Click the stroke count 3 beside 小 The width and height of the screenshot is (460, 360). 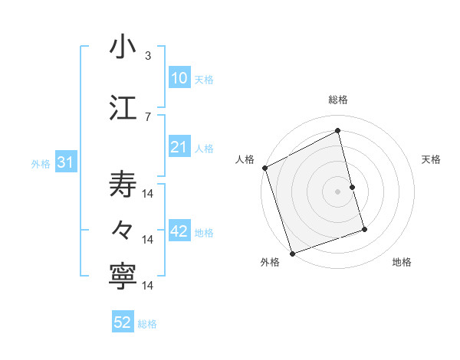coord(148,55)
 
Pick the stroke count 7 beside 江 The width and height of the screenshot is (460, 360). coord(148,116)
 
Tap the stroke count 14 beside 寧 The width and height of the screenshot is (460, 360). coord(149,286)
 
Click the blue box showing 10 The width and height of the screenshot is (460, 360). coord(179,78)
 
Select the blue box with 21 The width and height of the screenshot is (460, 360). coord(179,147)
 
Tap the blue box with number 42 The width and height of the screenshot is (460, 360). coord(179,232)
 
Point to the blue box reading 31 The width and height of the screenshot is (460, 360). coord(65,163)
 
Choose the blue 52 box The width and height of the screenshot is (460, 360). coord(123,323)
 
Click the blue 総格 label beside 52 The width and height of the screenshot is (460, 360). coord(147,324)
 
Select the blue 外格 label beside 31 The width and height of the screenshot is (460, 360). coord(41,164)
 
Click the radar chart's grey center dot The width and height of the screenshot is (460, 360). coord(338,191)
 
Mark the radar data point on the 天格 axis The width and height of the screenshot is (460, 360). coord(353,187)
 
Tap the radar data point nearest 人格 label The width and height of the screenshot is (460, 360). coord(264,168)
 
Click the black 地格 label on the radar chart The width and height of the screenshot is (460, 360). coord(402,262)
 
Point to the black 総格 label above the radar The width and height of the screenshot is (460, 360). coord(338,100)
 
